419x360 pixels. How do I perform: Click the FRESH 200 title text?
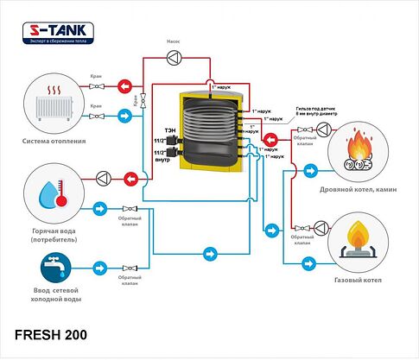click(50, 333)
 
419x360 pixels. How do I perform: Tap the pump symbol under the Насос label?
click(174, 57)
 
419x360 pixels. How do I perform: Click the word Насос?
click(174, 41)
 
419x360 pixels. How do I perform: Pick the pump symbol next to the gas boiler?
click(321, 227)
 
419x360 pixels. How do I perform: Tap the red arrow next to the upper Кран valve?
click(125, 86)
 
